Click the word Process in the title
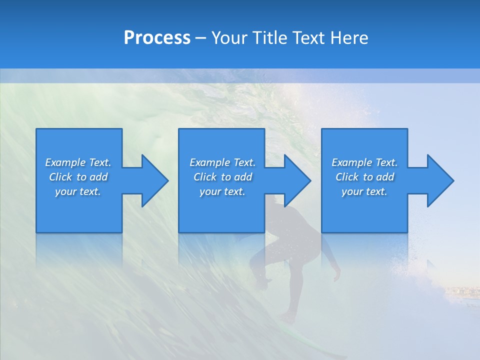[157, 38]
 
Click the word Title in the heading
[270, 38]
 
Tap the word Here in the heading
[349, 38]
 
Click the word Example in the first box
[64, 162]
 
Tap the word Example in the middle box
[209, 162]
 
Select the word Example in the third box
[351, 162]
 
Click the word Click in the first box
[60, 177]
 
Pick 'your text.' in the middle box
[222, 191]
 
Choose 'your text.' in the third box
[364, 191]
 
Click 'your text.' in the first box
[77, 191]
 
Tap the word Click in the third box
[347, 177]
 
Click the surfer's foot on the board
[288, 318]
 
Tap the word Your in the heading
[228, 38]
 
